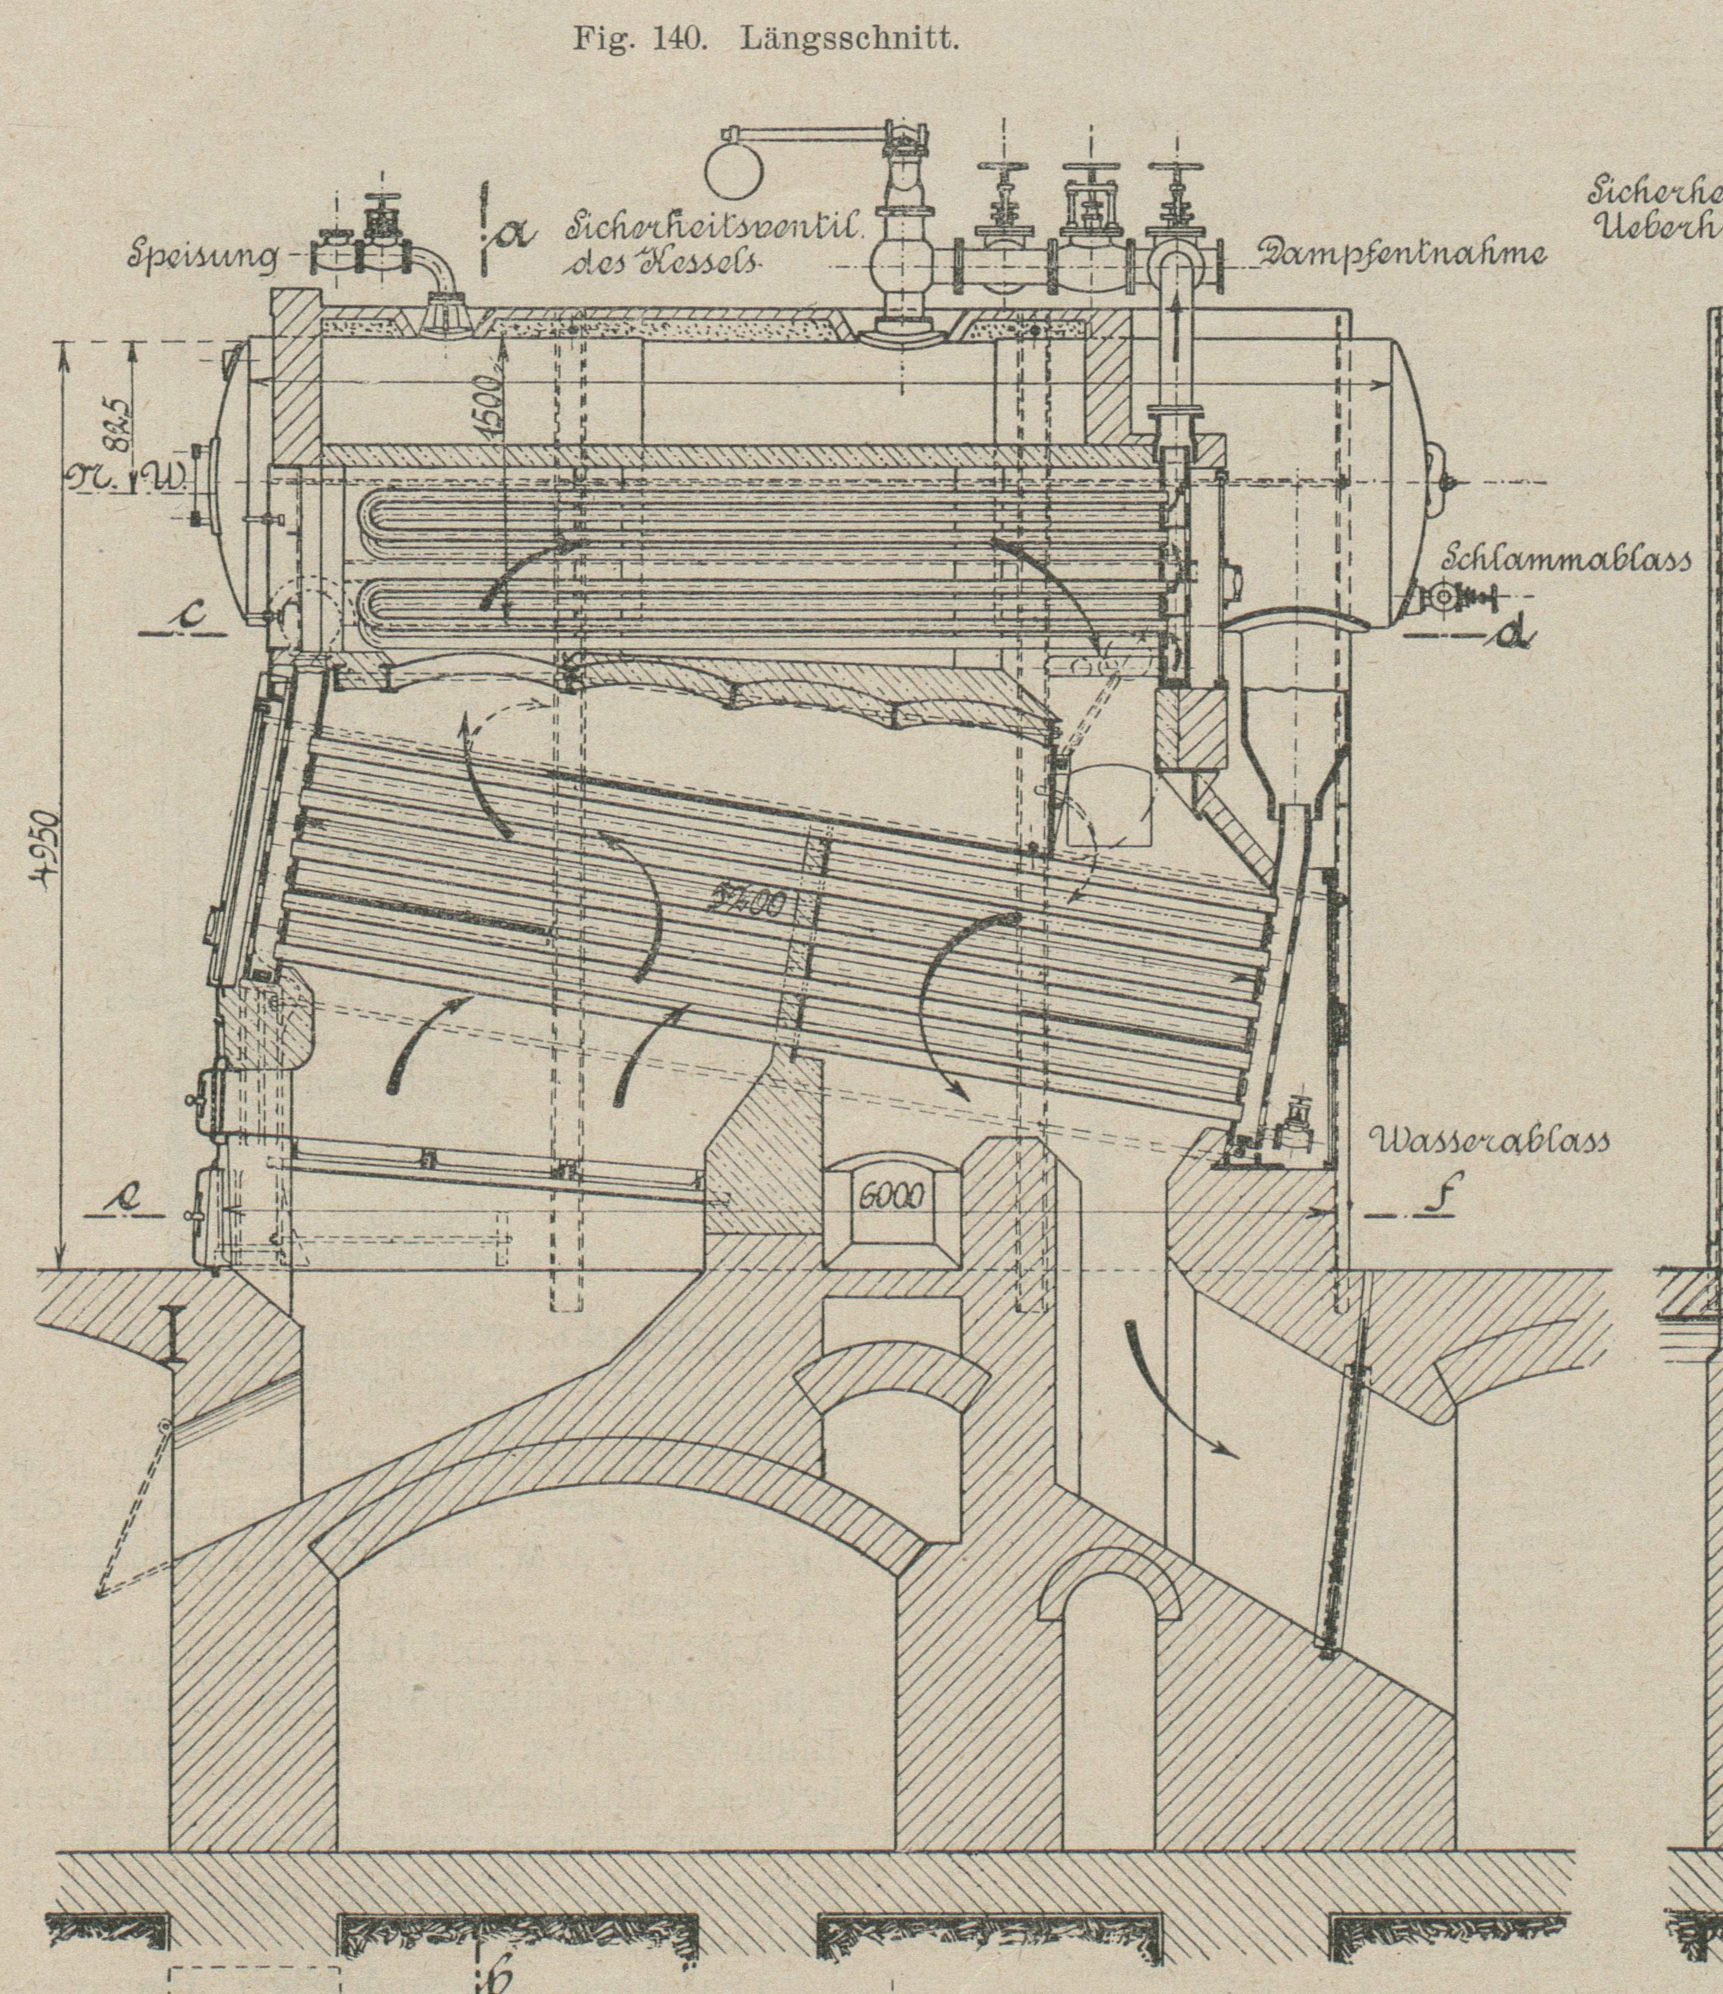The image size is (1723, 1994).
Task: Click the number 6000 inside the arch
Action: (x=891, y=1197)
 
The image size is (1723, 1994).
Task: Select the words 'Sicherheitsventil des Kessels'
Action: (x=713, y=244)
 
